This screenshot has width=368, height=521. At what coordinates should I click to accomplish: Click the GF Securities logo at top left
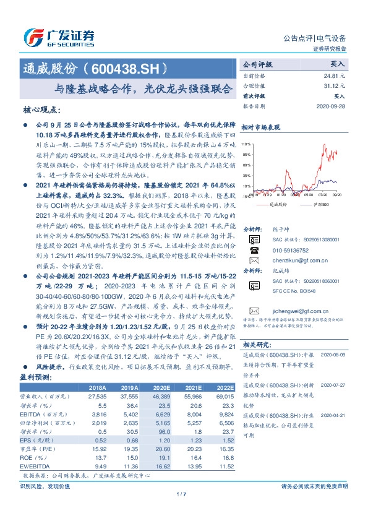coord(59,35)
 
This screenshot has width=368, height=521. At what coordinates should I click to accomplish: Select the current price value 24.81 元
coord(334,75)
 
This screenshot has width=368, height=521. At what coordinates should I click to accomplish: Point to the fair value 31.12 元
coord(334,86)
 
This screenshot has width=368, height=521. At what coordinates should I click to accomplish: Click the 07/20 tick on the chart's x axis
coord(324,194)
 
